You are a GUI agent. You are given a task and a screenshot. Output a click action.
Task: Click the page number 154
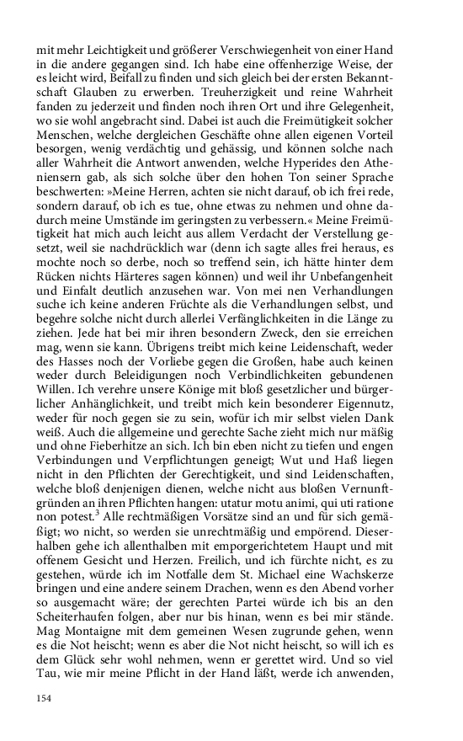pyautogui.click(x=45, y=696)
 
